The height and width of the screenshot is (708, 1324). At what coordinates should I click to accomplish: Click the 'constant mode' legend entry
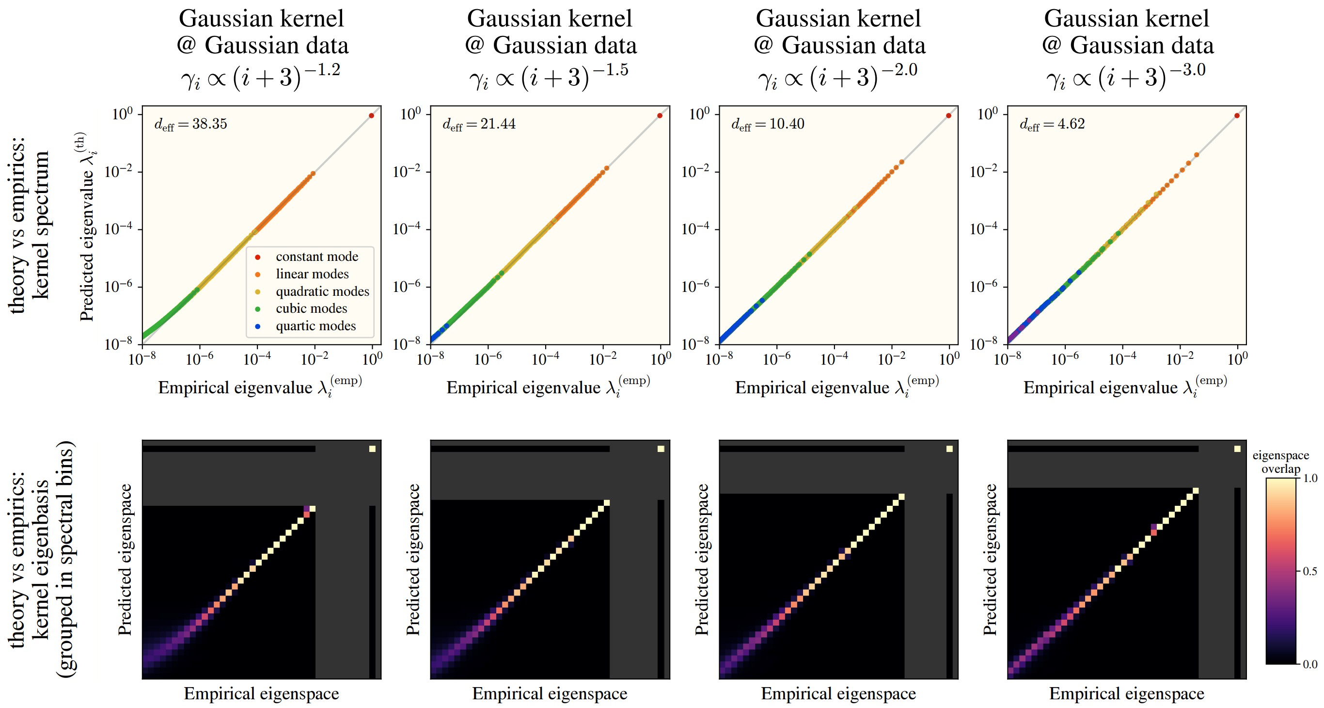(316, 257)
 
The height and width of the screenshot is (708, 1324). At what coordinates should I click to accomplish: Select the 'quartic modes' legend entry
(315, 326)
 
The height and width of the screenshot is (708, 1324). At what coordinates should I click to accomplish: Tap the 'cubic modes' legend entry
(311, 308)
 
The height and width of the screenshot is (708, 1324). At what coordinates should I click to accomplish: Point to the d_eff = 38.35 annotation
(190, 124)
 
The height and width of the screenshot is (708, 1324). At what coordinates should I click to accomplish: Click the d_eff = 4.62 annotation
(1052, 124)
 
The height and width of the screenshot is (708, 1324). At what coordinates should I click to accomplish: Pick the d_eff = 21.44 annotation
(479, 124)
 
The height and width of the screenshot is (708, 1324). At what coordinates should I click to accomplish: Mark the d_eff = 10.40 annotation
(768, 124)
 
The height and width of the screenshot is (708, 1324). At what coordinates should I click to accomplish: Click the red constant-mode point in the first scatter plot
(371, 116)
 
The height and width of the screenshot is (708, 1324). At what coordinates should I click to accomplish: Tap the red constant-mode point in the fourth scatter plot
(1237, 116)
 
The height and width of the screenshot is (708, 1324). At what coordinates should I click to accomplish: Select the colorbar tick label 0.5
(1310, 571)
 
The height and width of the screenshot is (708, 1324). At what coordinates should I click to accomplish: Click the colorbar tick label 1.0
(1310, 478)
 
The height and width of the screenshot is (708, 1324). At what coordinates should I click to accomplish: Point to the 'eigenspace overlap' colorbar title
(1280, 462)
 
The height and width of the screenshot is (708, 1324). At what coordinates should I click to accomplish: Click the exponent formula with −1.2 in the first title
(261, 77)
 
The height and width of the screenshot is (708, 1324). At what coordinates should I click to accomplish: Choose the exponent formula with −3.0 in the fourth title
(1126, 77)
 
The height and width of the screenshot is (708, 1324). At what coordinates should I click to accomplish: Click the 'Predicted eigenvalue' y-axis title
(87, 226)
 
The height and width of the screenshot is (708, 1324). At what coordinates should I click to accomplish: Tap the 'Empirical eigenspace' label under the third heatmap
(838, 693)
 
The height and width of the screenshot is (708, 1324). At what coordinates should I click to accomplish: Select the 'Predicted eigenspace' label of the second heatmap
(413, 560)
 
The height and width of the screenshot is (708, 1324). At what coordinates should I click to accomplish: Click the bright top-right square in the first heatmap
(372, 449)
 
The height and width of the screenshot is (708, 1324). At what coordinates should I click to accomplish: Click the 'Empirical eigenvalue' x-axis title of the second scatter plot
(549, 387)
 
